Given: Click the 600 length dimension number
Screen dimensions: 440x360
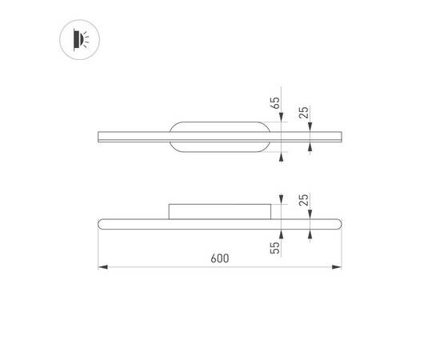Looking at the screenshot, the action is [x=220, y=258].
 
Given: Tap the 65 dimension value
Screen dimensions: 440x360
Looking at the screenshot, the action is [x=275, y=103].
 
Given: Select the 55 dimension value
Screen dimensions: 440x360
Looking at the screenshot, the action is [x=275, y=247].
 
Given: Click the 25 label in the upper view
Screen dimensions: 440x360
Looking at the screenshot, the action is [x=304, y=112].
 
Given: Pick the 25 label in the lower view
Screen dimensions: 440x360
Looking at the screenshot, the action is [x=304, y=200].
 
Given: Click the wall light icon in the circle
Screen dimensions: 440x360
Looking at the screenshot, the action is [x=81, y=39].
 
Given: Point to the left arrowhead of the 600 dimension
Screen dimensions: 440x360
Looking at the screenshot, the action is [x=103, y=267].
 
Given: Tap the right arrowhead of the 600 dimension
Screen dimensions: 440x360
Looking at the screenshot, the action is [x=337, y=267].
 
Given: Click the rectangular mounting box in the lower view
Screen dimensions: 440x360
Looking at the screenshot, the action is [x=220, y=211].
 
